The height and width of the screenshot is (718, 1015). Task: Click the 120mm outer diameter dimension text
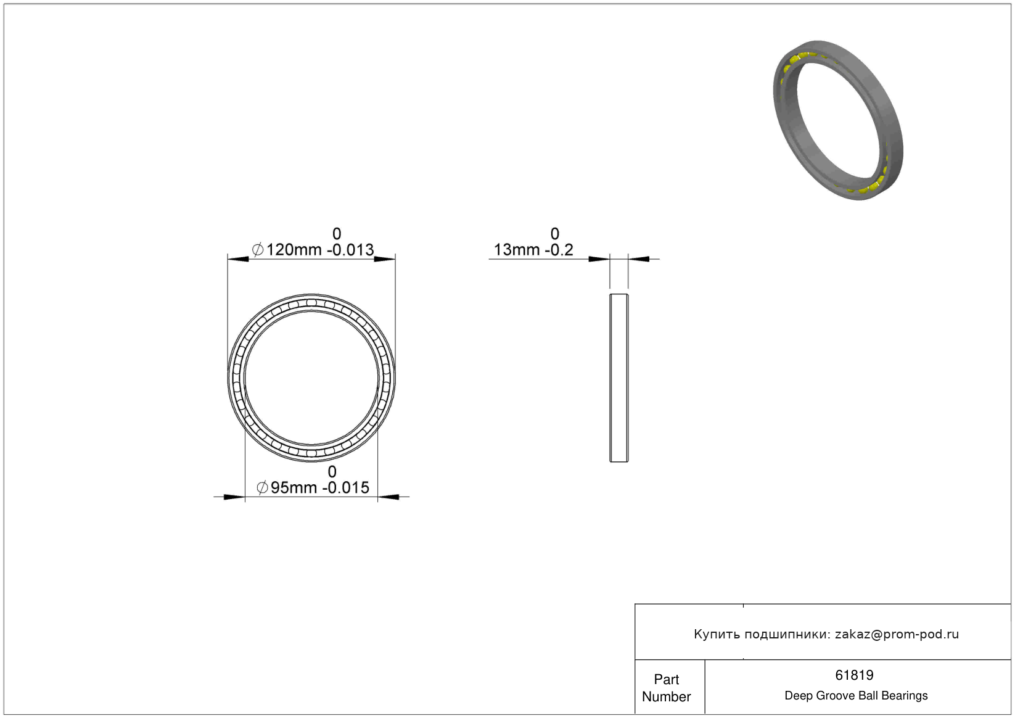294,250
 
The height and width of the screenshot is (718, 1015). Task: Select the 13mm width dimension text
516,250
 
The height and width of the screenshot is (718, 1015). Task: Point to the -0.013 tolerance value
350,250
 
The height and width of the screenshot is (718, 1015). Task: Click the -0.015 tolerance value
346,488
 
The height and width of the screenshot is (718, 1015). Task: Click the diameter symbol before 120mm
257,250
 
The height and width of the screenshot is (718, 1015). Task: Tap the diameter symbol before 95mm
262,488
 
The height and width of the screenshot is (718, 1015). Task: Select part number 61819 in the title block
854,675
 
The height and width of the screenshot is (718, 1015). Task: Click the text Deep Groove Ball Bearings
856,696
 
